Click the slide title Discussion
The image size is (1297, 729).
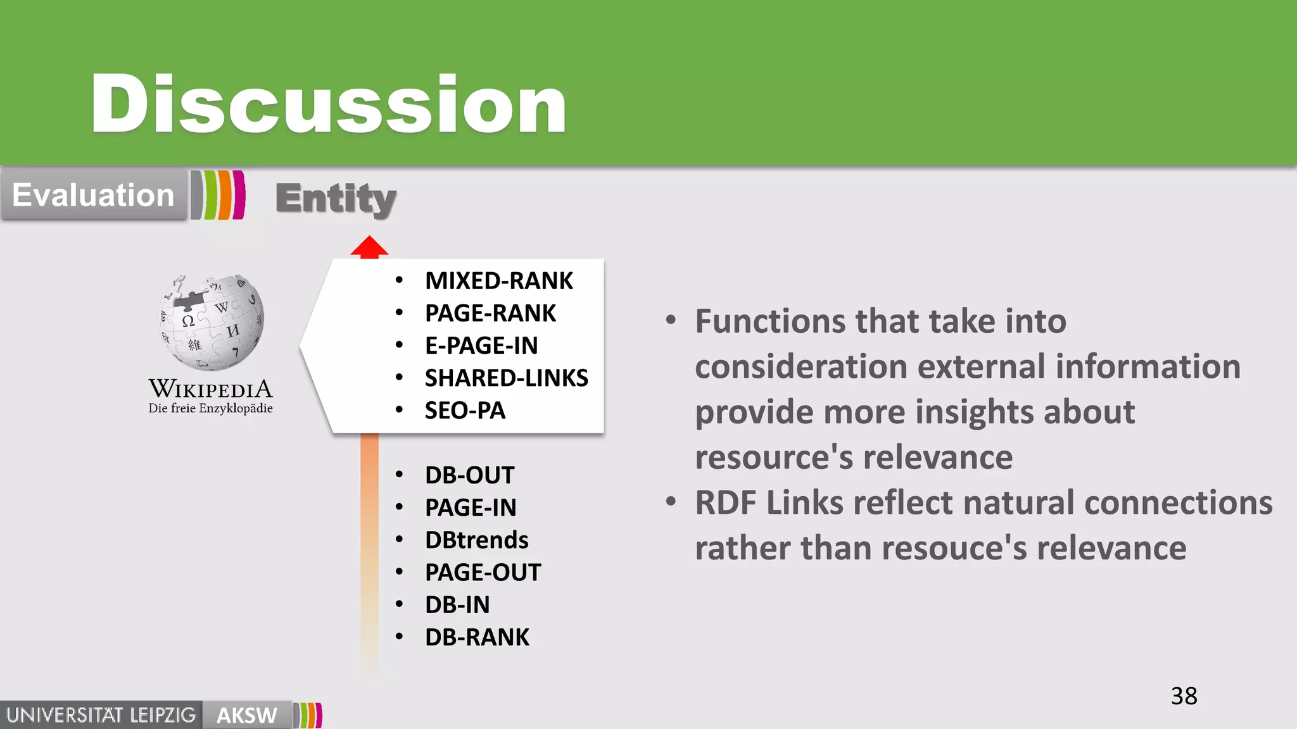click(x=328, y=104)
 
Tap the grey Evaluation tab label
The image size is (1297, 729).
click(x=93, y=195)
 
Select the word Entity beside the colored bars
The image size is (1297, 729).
click(x=336, y=199)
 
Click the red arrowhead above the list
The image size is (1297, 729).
click(x=369, y=247)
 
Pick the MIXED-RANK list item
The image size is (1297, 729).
click(x=498, y=280)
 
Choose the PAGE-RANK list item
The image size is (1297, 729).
click(x=490, y=313)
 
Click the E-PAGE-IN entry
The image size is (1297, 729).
click(x=481, y=346)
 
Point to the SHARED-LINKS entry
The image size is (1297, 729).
click(x=506, y=378)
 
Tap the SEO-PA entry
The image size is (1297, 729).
click(x=465, y=411)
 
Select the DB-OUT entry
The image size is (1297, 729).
click(x=469, y=475)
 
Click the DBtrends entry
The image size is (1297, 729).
click(x=476, y=540)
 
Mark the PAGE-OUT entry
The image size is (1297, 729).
click(x=483, y=573)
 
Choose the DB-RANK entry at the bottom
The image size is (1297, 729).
click(x=477, y=637)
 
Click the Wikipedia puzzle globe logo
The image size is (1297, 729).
click(x=211, y=322)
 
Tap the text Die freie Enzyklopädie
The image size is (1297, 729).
click(x=210, y=409)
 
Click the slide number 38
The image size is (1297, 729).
click(x=1184, y=696)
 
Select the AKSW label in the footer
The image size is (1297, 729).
click(x=246, y=716)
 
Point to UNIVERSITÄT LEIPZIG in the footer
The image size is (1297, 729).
click(x=101, y=716)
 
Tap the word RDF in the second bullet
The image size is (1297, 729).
click(x=726, y=503)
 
